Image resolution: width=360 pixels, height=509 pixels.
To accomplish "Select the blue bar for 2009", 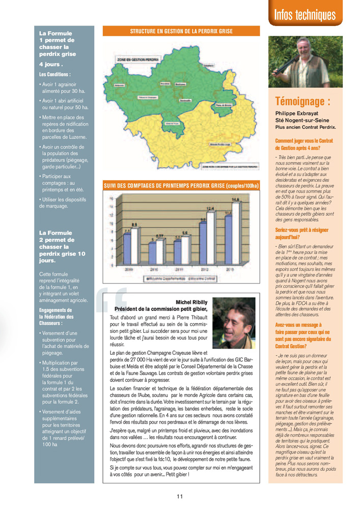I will [127, 248].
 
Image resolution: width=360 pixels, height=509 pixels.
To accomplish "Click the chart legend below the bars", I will [181, 278].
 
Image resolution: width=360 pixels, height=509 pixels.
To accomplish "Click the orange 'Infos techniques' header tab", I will [305, 15].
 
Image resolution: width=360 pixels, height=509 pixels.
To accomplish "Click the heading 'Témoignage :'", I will [302, 101].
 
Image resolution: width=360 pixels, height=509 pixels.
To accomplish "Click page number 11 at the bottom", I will [180, 497].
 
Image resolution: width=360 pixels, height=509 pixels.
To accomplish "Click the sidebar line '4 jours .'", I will [51, 65].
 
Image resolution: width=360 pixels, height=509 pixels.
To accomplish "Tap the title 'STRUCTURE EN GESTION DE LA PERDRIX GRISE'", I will [181, 32].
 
